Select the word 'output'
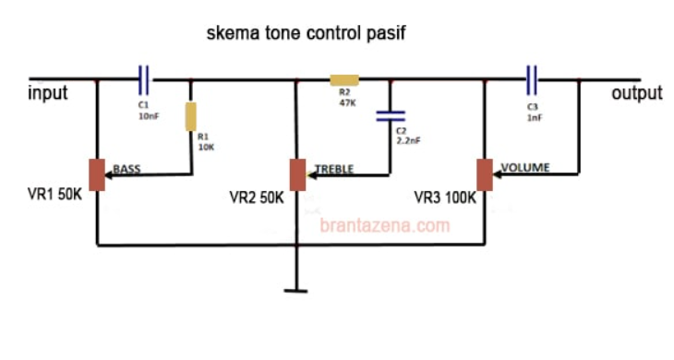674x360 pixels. [636, 93]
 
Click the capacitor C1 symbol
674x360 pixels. [143, 79]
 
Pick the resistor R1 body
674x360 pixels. [191, 116]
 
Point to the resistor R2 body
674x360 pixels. [343, 80]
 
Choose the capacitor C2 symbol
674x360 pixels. [391, 116]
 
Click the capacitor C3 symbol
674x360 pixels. [532, 79]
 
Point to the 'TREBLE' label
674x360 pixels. [333, 169]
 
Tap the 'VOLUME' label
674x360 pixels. [525, 168]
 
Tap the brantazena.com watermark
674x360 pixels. [385, 224]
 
